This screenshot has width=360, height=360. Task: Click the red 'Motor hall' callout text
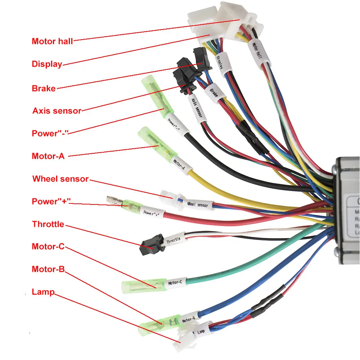[52, 41]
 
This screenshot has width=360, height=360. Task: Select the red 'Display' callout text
[47, 64]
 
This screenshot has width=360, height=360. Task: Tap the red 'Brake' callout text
[44, 88]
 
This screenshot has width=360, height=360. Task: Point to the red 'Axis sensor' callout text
[57, 111]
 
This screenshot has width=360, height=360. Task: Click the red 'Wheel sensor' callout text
[60, 179]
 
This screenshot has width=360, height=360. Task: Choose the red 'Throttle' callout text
[48, 224]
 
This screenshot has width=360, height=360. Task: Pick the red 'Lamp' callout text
[43, 292]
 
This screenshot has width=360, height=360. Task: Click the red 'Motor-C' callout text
[48, 247]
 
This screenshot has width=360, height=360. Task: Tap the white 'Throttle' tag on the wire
[174, 239]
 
